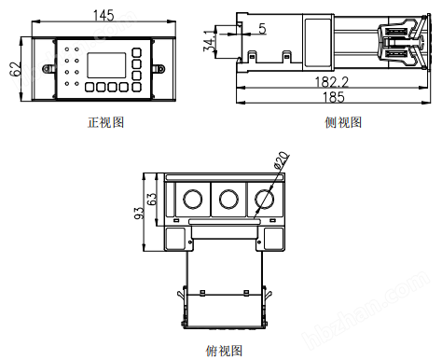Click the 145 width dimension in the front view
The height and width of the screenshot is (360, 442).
tap(104, 15)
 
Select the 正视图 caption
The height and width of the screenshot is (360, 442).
tap(105, 122)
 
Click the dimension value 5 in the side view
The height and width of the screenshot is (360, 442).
tap(261, 29)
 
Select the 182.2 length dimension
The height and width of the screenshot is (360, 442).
tap(331, 82)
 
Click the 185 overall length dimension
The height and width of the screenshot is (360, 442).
tap(332, 97)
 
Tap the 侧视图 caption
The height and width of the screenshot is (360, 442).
tap(343, 122)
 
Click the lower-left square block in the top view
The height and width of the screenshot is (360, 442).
tap(174, 239)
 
